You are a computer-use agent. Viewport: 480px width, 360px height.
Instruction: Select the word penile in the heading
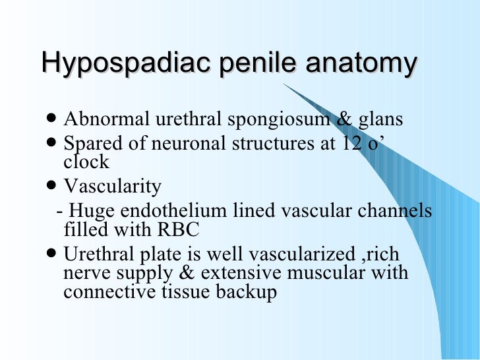[250, 65]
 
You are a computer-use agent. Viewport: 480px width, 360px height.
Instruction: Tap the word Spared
[92, 143]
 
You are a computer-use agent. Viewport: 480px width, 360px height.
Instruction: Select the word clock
[86, 161]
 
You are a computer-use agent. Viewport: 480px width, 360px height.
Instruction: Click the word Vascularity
[112, 187]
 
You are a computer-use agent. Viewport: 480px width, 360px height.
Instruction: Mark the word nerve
[90, 273]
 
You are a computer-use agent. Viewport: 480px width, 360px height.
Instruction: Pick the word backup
[243, 292]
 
